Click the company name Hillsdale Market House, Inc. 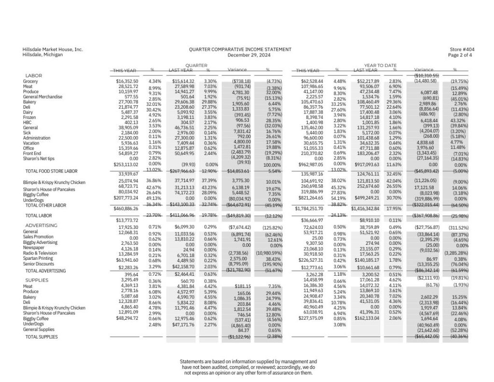point(53,49)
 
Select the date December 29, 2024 point(240,55)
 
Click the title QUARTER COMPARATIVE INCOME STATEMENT point(240,49)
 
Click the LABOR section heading point(33,75)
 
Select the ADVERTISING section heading point(41,226)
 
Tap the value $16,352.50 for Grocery point(127,81)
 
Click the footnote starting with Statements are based point(248,367)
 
